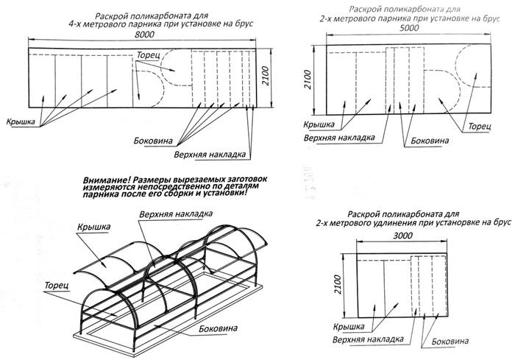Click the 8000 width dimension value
click(x=145, y=35)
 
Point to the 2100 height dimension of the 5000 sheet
click(x=309, y=74)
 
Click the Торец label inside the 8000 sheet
click(x=147, y=55)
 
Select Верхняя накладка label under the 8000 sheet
click(x=209, y=155)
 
